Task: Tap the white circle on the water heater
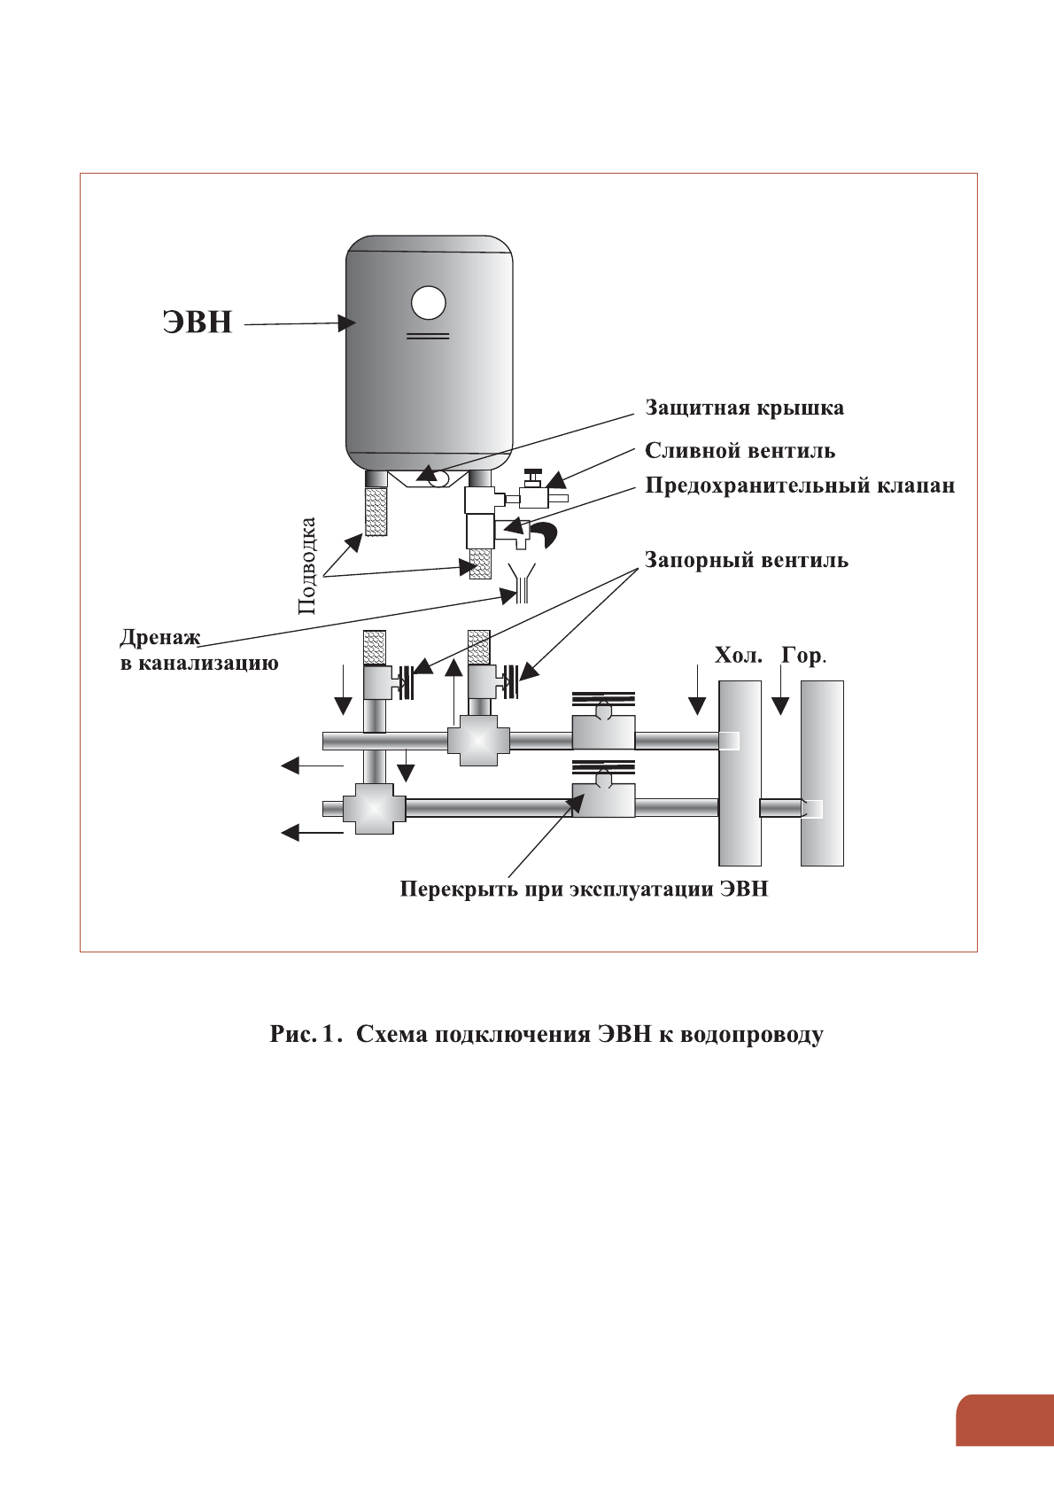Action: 428,303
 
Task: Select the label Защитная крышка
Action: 744,408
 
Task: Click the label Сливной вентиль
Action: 740,451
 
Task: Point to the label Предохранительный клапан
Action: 800,486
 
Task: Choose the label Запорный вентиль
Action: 746,561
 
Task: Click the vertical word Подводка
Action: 306,565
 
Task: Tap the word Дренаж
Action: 160,638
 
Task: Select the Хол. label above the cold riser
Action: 738,656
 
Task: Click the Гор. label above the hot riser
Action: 803,656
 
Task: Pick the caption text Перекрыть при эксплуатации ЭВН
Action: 584,889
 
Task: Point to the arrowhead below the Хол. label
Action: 697,705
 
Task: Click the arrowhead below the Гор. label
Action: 779,705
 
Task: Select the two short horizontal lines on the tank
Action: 428,336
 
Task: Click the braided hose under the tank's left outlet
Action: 376,511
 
